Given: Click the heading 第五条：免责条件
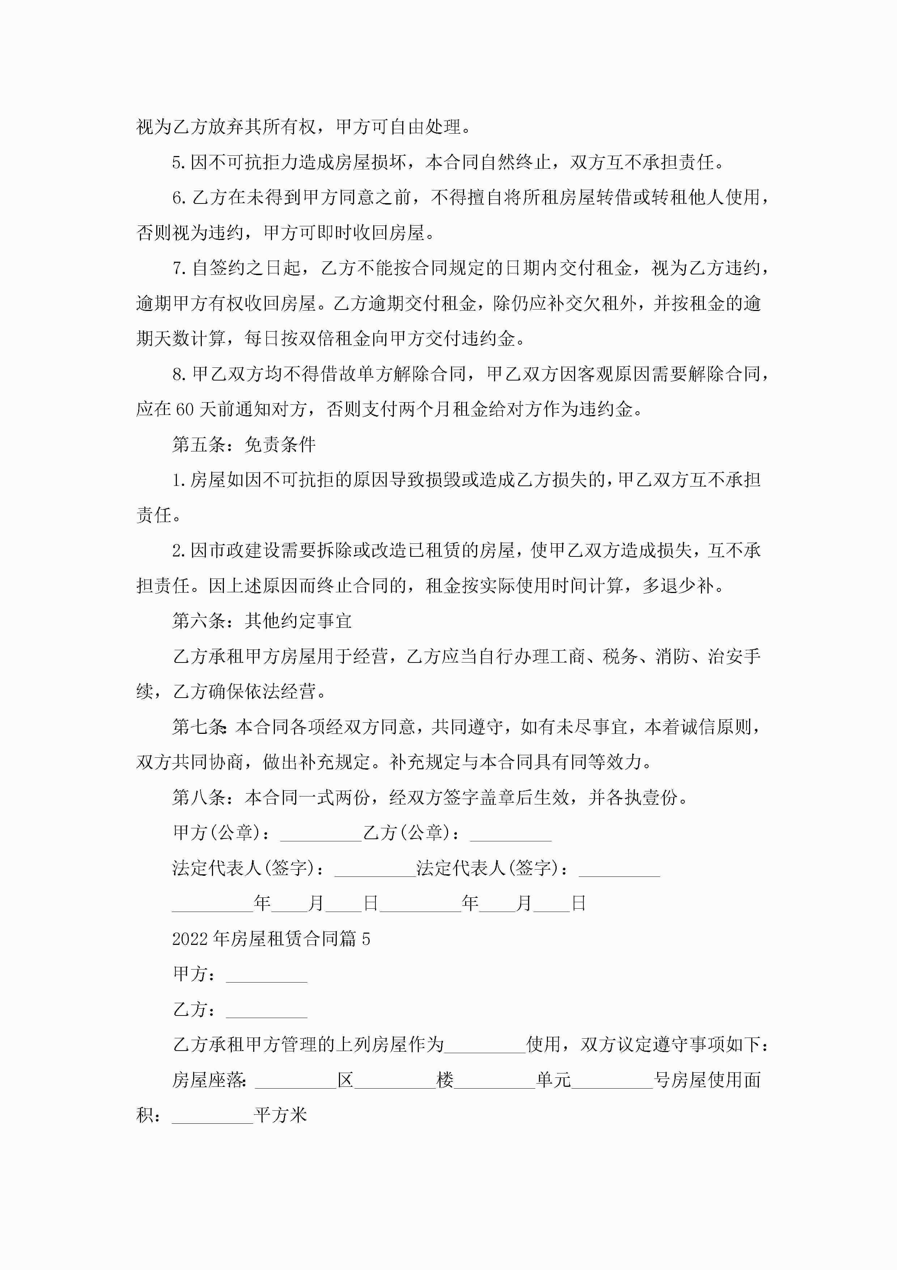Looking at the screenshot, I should pyautogui.click(x=244, y=444).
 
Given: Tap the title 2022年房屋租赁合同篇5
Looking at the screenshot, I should pyautogui.click(x=271, y=939).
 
